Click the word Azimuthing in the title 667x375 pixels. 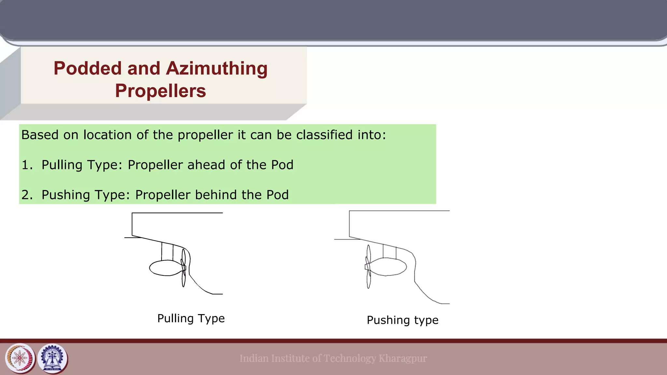[217, 69]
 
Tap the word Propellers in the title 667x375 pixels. [160, 91]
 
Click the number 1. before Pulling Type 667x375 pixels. [27, 165]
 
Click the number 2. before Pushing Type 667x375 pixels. [27, 195]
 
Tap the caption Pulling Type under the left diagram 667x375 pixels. [191, 318]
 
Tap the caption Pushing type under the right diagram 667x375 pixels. [403, 320]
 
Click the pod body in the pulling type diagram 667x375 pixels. [164, 268]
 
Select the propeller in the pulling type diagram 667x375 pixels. [184, 268]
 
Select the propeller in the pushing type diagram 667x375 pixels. [368, 267]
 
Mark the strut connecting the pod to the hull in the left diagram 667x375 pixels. [167, 252]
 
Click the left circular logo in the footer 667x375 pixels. [20, 358]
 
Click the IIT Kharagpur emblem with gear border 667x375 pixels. [52, 358]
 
